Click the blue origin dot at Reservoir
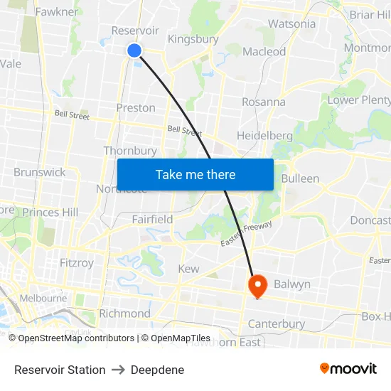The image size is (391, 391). click(x=134, y=50)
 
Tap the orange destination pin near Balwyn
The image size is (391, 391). click(x=257, y=286)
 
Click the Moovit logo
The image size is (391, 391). click(x=348, y=368)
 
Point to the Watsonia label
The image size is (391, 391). click(x=291, y=23)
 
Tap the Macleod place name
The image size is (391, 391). click(x=264, y=51)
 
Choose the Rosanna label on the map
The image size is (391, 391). click(x=263, y=102)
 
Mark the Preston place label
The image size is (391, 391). click(x=135, y=107)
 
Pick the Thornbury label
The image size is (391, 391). click(x=129, y=151)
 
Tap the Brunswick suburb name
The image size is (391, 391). click(x=39, y=172)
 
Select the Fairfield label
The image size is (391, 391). click(x=152, y=220)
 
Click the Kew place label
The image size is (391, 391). click(x=188, y=269)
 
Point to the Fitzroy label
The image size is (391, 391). click(x=77, y=262)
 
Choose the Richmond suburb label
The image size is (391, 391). click(x=124, y=314)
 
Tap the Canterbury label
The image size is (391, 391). click(x=276, y=324)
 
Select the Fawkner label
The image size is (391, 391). click(x=56, y=11)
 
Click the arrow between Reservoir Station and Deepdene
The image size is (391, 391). click(x=118, y=370)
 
